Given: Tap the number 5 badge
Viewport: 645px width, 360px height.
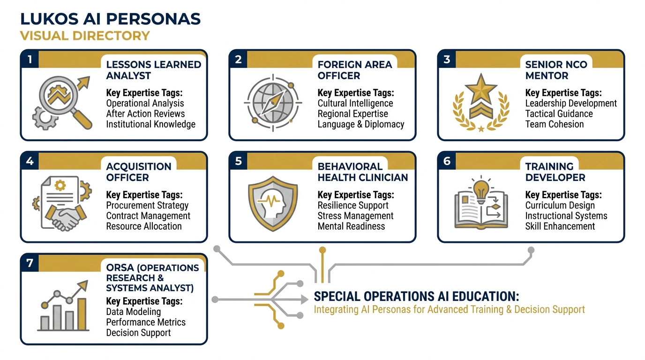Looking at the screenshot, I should coord(239,161).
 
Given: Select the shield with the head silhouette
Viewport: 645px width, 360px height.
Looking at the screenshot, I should coord(272,204).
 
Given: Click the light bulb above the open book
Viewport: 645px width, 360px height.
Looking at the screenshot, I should coord(480,189).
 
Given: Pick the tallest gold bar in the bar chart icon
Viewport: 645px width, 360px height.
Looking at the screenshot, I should coord(82,314).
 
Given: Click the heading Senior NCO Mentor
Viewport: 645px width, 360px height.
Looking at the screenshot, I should coord(556,70).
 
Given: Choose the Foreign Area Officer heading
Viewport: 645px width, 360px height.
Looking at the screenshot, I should coord(354,70).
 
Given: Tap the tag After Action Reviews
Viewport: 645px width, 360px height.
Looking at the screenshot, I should coord(145,114).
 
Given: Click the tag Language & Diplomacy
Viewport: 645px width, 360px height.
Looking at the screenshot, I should coord(360,124).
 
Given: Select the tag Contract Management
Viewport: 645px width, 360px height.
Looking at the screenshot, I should coord(148,216).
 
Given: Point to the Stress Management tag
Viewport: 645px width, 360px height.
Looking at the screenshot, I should coord(355,216).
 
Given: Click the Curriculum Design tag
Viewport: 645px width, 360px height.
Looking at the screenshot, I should coord(560,206).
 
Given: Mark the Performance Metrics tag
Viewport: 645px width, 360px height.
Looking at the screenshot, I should coord(146,322).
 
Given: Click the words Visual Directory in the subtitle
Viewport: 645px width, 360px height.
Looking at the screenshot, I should coord(85,36).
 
